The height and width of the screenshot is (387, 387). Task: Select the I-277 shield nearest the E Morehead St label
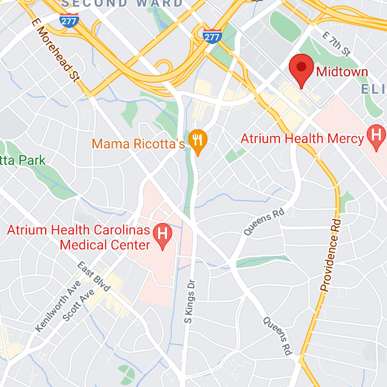point(68,21)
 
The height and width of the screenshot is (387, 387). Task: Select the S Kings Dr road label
point(189,300)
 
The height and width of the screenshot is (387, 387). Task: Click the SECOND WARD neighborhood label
point(122,4)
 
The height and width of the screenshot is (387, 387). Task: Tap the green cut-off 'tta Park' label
point(23,160)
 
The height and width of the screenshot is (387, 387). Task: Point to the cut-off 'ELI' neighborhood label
point(373,88)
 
